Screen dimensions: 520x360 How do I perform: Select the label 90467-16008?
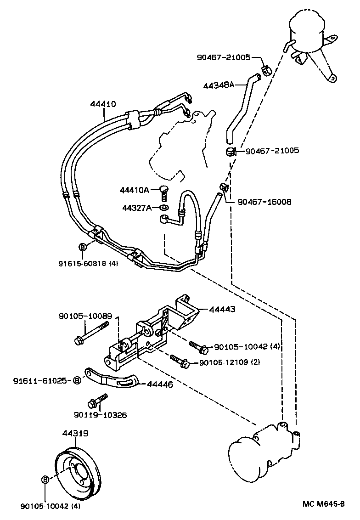point(264,202)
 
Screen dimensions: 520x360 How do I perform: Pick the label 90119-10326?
point(100,415)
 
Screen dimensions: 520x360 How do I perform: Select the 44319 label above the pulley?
point(75,433)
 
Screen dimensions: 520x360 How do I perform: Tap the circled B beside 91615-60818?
point(83,248)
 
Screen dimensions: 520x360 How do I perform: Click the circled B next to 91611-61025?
point(78,380)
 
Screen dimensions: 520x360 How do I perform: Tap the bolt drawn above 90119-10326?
point(97,400)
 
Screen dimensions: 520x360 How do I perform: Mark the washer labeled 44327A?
point(164,208)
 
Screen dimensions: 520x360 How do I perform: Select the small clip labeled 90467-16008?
point(224,187)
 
